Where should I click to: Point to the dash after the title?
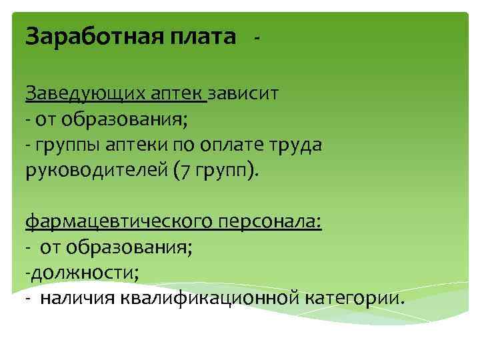[x=257, y=38]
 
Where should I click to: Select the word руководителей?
[x=95, y=170]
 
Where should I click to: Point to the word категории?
[x=353, y=297]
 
